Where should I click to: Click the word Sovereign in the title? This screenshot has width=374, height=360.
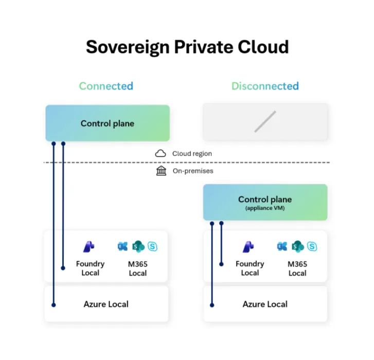138,47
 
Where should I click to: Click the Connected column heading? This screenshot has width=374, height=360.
106,86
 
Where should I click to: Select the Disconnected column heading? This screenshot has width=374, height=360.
264,86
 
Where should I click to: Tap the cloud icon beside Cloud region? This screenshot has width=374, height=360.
161,153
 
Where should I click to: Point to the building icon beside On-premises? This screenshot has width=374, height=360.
161,171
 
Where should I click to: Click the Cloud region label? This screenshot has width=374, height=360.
192,153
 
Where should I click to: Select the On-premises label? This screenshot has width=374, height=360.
192,171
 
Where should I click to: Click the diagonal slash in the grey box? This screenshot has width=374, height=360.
265,122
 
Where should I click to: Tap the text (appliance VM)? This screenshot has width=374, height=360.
265,208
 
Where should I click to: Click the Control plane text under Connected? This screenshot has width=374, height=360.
108,123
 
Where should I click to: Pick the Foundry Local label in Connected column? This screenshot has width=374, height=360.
90,268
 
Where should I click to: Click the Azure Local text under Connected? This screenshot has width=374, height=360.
106,304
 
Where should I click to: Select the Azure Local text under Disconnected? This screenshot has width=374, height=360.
265,304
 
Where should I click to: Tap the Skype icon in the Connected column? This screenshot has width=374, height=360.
153,246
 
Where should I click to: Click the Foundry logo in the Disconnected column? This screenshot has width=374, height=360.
249,247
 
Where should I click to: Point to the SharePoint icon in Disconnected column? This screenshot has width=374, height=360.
297,246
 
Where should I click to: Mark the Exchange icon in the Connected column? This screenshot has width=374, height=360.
122,246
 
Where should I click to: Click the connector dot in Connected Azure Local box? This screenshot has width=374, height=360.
54,305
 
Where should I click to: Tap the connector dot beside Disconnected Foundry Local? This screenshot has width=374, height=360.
222,264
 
